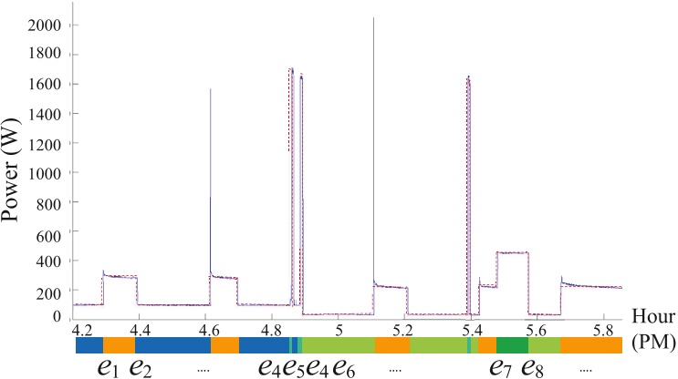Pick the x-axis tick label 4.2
82,328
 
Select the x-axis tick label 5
339,328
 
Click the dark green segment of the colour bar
512,345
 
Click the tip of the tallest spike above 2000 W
373,17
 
